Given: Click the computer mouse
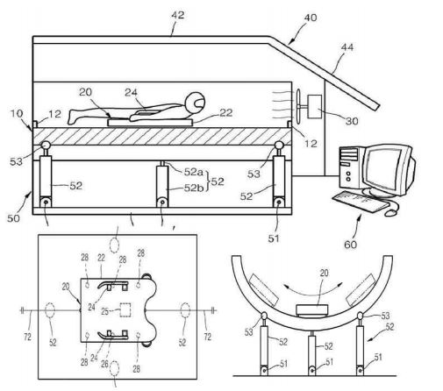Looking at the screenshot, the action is pos(390,212).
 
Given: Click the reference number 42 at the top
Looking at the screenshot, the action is pos(178,15).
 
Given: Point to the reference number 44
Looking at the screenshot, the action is pos(347,47).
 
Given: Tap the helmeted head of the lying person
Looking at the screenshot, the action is pos(196,103).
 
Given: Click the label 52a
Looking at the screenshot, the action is pos(193,172).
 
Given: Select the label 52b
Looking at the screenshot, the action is pos(194,188).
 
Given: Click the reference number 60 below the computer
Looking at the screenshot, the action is pos(350,245).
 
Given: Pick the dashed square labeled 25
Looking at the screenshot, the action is pos(125,310).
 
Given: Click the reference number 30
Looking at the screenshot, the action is pos(352,121).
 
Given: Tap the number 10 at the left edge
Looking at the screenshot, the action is pos(17,113).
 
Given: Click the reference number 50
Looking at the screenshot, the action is pos(13,218).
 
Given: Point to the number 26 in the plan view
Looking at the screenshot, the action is pos(104,364).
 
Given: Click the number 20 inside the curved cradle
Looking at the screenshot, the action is pos(324,273).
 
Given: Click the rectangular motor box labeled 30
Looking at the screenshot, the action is pos(315,106).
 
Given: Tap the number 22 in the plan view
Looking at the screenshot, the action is pos(101,258).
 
